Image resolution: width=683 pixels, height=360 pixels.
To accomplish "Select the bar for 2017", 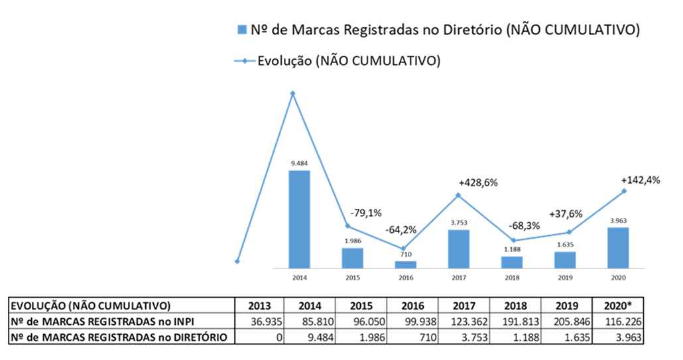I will [458, 249].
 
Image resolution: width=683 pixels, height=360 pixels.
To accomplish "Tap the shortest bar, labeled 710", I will [405, 264].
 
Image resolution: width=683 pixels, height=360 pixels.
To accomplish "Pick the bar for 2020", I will [617, 247].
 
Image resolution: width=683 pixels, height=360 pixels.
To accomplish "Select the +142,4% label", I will [640, 180].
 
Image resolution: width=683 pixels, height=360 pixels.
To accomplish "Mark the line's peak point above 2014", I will [292, 93].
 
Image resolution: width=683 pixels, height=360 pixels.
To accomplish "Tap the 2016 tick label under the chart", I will [405, 277].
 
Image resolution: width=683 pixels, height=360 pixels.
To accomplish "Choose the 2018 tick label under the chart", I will [511, 277].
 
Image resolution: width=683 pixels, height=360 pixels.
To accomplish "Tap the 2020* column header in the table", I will [619, 306].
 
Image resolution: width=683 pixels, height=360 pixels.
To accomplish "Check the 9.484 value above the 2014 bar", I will [299, 162].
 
